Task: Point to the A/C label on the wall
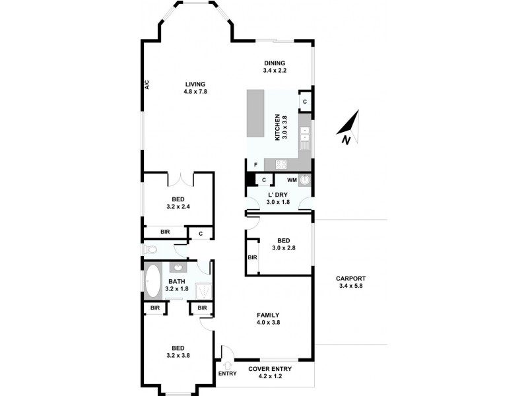pyautogui.click(x=147, y=84)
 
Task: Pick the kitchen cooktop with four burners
pyautogui.click(x=280, y=164)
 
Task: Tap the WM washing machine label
pyautogui.click(x=291, y=180)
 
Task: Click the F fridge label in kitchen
pyautogui.click(x=255, y=164)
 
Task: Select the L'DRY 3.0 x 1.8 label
pyautogui.click(x=279, y=199)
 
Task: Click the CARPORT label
pyautogui.click(x=351, y=282)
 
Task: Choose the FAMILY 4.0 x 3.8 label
pyautogui.click(x=268, y=318)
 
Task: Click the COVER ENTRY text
pyautogui.click(x=267, y=369)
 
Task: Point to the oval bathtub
pyautogui.click(x=153, y=281)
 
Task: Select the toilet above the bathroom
pyautogui.click(x=150, y=250)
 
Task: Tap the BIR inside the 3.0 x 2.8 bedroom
pyautogui.click(x=252, y=257)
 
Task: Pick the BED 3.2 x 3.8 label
pyautogui.click(x=178, y=352)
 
